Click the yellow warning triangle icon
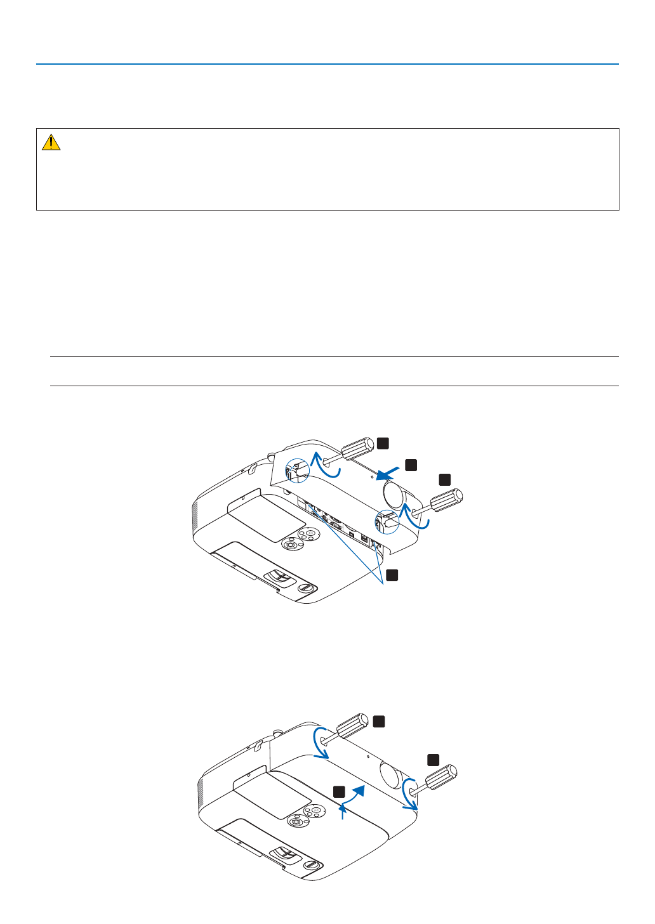coord(51,143)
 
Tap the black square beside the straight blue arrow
coord(411,465)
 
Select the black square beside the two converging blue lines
coord(392,575)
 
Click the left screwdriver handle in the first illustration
coord(357,448)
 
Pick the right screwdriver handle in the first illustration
coord(447,500)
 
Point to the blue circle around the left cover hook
coord(297,470)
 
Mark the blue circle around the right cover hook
coord(387,521)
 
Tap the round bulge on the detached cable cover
coord(394,493)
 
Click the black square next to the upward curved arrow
coord(340,791)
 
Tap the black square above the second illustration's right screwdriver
coord(433,759)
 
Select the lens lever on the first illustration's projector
coord(279,576)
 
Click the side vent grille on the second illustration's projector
coord(201,793)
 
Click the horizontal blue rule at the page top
coord(327,64)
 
